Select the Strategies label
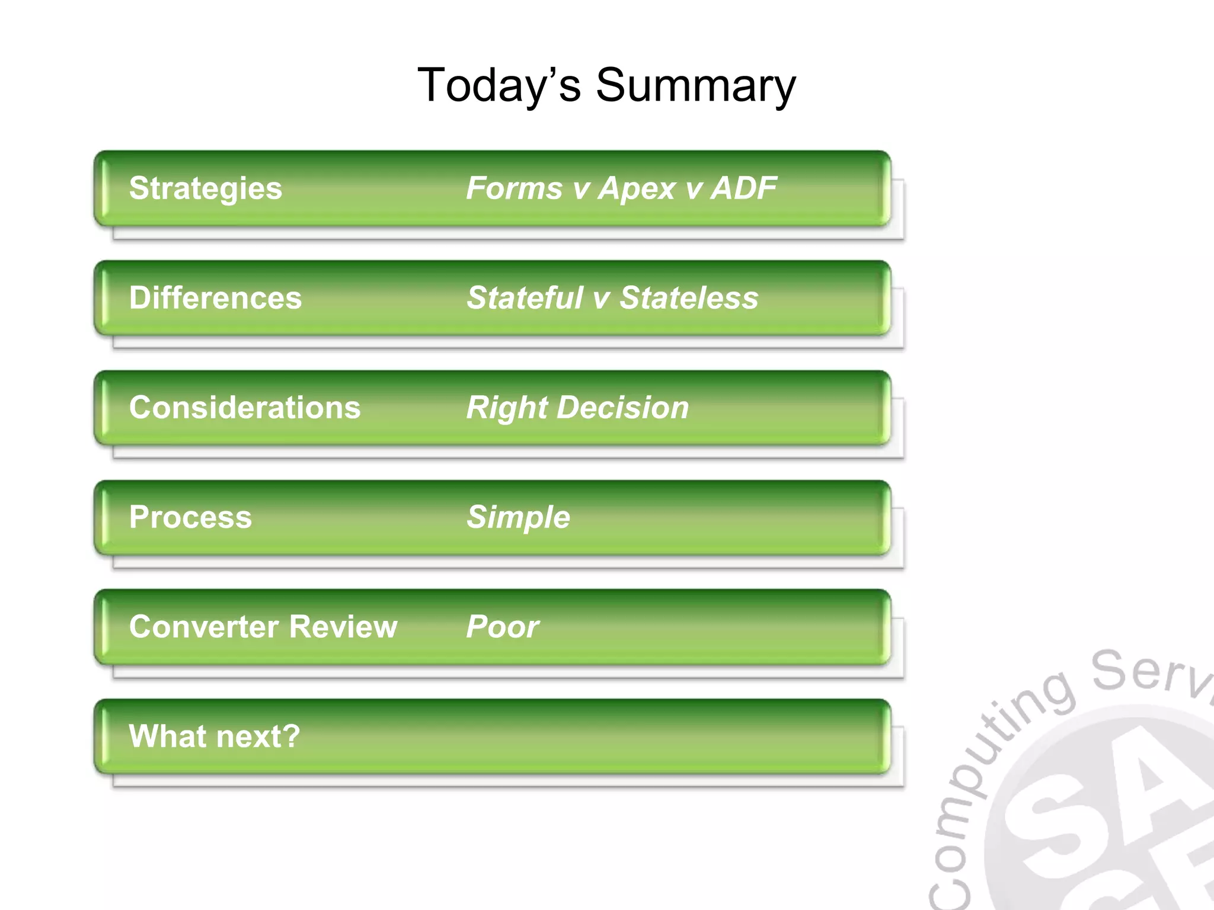point(205,188)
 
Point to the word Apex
point(637,188)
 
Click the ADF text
point(743,188)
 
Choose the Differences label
point(215,297)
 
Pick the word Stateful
point(525,297)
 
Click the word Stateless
point(689,297)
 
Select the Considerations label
point(244,408)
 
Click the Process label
point(190,517)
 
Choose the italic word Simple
point(518,517)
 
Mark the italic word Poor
point(503,627)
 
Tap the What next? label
point(214,736)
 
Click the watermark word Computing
point(984,788)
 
